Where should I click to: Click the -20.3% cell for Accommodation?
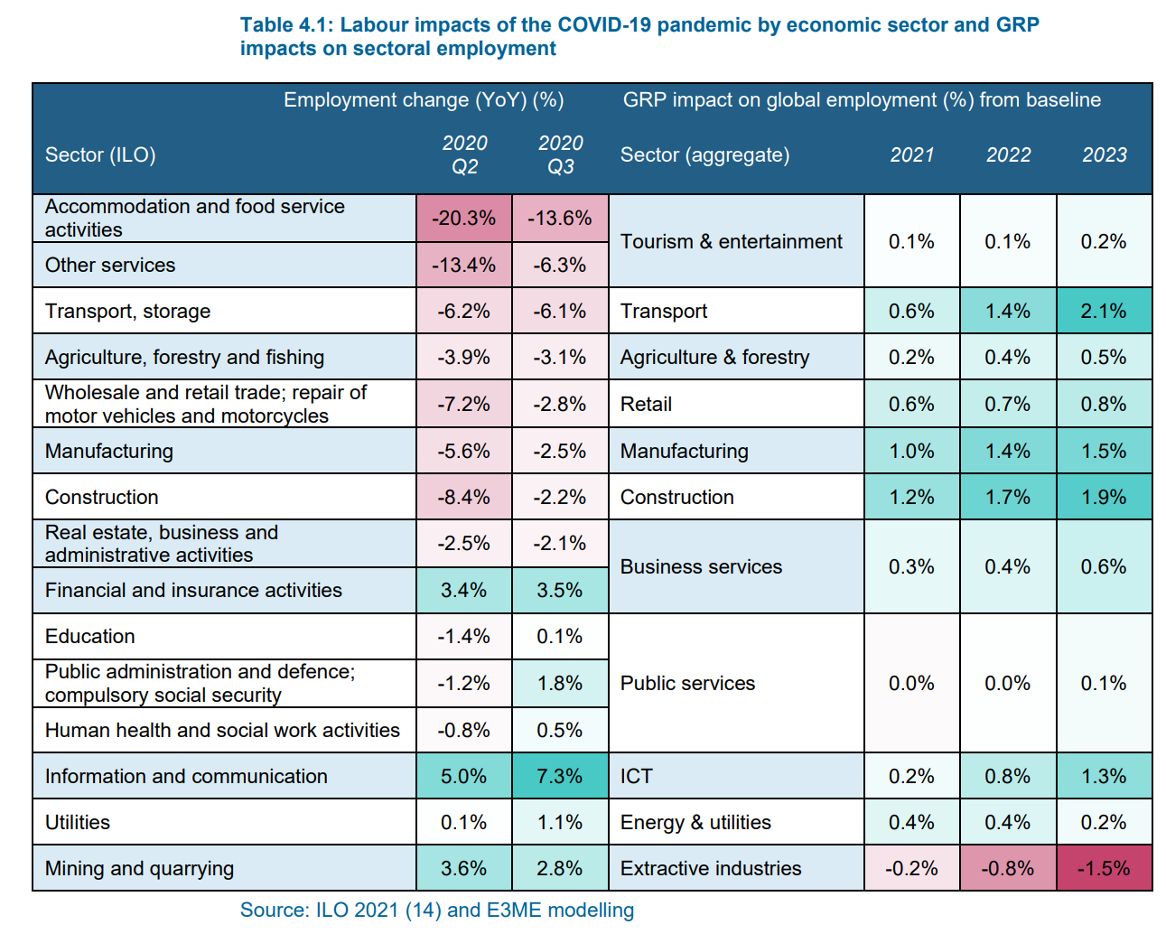pyautogui.click(x=463, y=219)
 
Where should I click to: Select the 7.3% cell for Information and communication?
pyautogui.click(x=559, y=777)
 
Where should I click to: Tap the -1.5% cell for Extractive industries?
pyautogui.click(x=1103, y=869)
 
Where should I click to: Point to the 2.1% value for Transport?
pyautogui.click(x=1103, y=312)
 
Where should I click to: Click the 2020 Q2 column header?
pyautogui.click(x=464, y=154)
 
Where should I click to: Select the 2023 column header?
pyautogui.click(x=1104, y=155)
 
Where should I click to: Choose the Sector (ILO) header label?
pyautogui.click(x=100, y=155)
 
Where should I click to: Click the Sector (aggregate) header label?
pyautogui.click(x=704, y=155)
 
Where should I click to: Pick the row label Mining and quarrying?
pyautogui.click(x=139, y=869)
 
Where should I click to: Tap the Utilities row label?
pyautogui.click(x=78, y=823)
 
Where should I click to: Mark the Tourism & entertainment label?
pyautogui.click(x=731, y=242)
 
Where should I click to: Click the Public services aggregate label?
pyautogui.click(x=687, y=684)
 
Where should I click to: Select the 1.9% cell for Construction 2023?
pyautogui.click(x=1103, y=498)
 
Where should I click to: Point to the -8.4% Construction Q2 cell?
pyautogui.click(x=463, y=498)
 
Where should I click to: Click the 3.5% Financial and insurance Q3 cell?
pyautogui.click(x=559, y=591)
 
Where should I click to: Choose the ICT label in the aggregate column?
pyautogui.click(x=636, y=777)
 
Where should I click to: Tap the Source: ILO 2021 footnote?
pyautogui.click(x=437, y=911)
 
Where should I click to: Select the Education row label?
pyautogui.click(x=90, y=637)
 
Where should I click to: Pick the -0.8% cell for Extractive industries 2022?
pyautogui.click(x=1007, y=869)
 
